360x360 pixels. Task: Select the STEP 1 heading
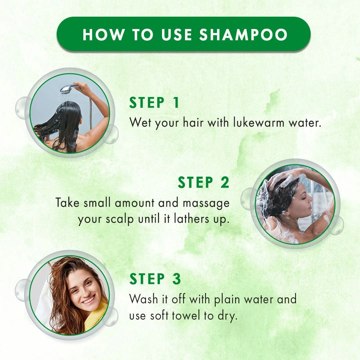coord(154,103)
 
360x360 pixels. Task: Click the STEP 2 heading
coord(203,183)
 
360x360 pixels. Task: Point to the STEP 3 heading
coord(155,279)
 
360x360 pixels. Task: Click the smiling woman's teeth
coord(89,300)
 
